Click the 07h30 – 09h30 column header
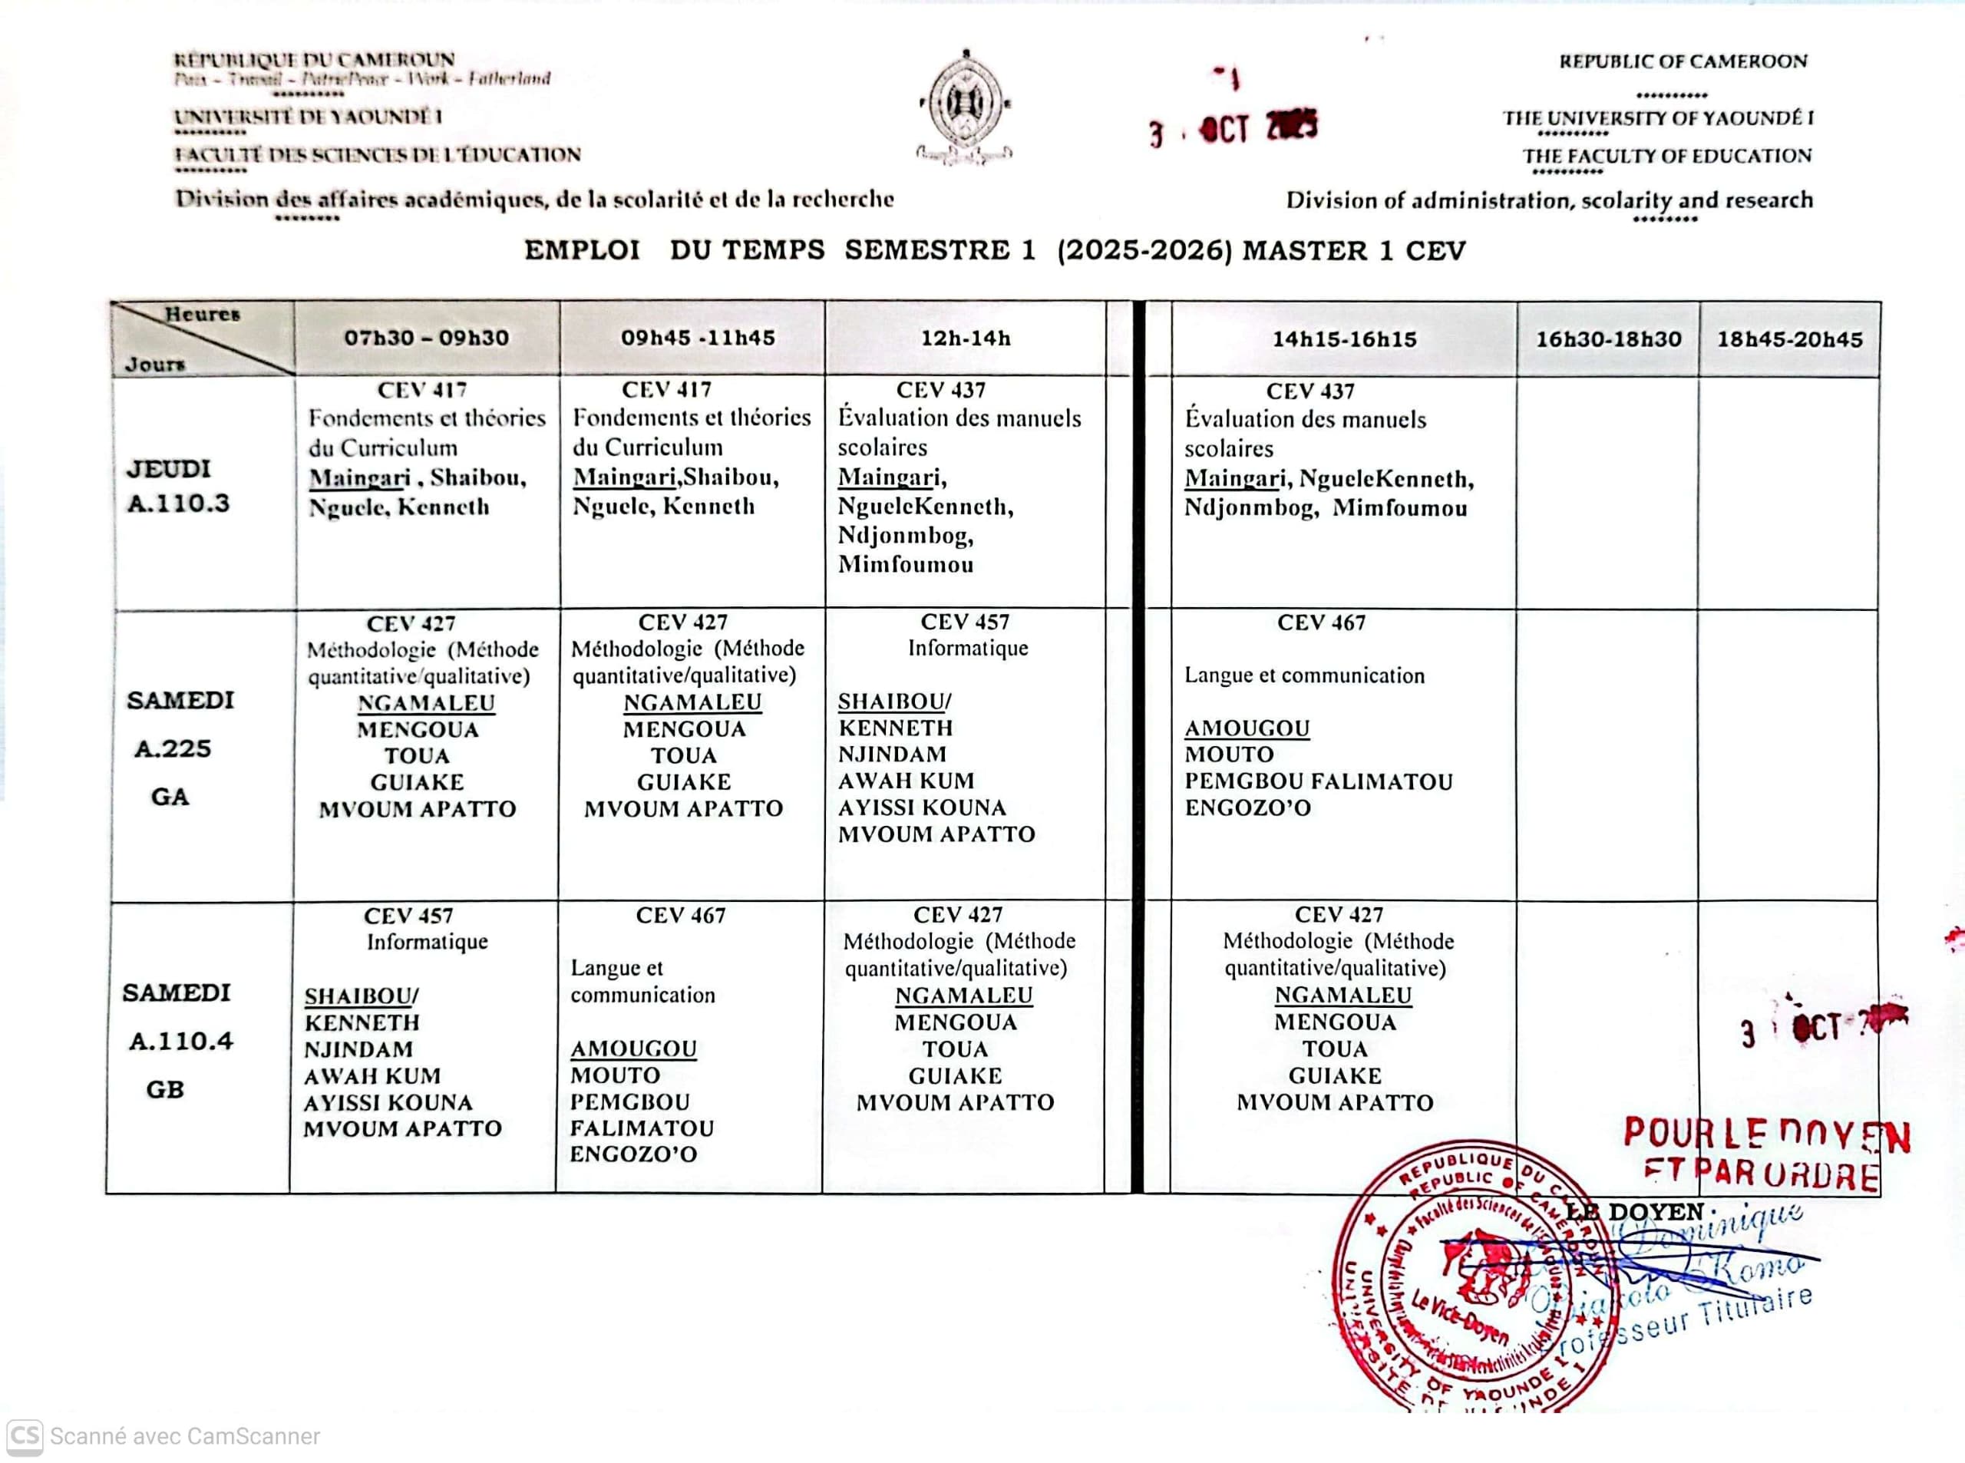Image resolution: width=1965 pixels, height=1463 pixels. click(426, 338)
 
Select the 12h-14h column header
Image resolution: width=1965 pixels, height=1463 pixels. click(966, 338)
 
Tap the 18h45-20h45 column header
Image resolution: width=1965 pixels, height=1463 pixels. click(1790, 339)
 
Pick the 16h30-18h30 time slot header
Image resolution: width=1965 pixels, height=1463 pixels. click(1608, 339)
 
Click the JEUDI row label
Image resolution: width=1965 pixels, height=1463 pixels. click(168, 468)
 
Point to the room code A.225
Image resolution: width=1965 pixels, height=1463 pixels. click(173, 749)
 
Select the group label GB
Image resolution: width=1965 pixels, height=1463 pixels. click(166, 1089)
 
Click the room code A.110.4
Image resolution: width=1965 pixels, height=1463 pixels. click(180, 1042)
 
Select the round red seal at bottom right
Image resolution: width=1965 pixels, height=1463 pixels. click(1470, 1275)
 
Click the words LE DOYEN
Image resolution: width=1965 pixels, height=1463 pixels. click(1635, 1211)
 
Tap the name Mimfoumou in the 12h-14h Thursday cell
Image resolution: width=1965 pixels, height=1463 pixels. click(906, 564)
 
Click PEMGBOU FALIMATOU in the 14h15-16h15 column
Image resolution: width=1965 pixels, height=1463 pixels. click(1319, 782)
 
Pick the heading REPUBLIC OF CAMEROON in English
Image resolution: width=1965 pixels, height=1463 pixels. click(1683, 62)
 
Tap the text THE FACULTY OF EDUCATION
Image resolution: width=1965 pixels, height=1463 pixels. click(1666, 157)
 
